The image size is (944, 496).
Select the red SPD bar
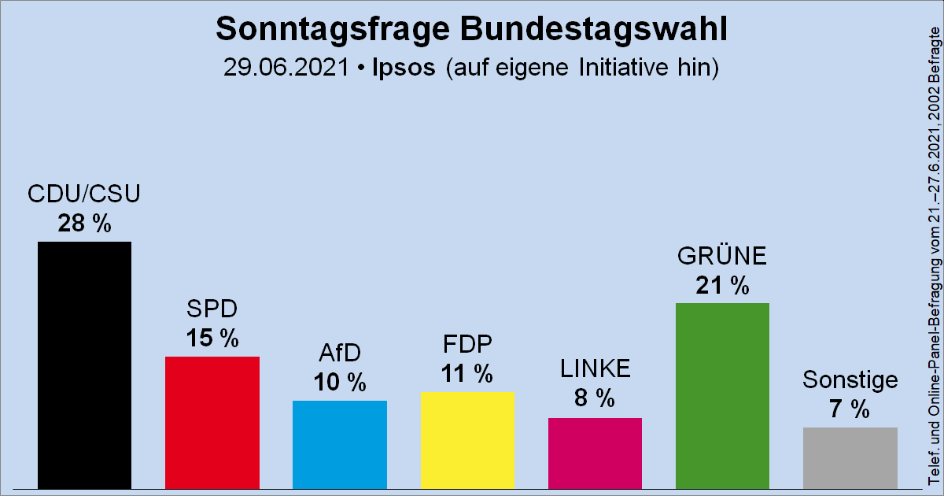212,422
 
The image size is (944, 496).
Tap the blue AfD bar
340,444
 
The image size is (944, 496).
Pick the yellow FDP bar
467,439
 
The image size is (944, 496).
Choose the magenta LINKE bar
595,453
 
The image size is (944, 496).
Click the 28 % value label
85,224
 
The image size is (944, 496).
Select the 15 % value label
212,339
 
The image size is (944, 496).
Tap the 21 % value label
722,286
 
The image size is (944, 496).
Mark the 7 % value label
850,409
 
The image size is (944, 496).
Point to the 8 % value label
595,399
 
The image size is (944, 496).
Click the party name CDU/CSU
85,194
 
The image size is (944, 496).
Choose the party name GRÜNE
722,257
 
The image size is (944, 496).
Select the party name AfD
340,354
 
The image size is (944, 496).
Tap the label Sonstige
850,380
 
